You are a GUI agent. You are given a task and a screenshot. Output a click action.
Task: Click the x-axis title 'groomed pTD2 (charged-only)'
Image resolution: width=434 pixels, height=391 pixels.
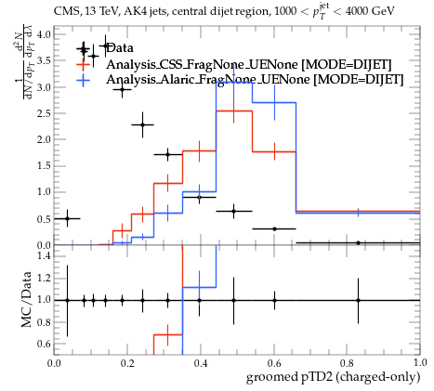pos(333,377)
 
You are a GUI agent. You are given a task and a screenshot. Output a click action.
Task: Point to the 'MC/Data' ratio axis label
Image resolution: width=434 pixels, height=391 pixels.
pos(26,299)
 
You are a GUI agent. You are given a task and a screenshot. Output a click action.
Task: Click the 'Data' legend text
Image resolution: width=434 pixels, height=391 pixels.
pos(120,48)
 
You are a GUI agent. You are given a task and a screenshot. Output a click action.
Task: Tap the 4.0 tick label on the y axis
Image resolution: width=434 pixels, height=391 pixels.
pos(44,34)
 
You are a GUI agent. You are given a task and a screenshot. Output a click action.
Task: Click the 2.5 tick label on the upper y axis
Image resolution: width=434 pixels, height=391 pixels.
pos(44,113)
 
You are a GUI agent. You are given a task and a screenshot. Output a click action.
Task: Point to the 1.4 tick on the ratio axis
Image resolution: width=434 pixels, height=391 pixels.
pos(44,255)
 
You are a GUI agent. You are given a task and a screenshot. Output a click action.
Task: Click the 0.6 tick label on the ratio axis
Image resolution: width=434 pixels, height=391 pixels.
pos(44,344)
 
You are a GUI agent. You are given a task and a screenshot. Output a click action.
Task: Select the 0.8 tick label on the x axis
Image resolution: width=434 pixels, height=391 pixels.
pos(347,363)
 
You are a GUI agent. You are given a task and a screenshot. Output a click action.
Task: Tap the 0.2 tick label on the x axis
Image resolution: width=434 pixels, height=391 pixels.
pos(127,363)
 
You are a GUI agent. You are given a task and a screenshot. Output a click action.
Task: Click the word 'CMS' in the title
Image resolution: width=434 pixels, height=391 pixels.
pos(64,11)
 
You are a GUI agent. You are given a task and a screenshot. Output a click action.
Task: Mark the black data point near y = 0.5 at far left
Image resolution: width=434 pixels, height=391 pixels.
pos(67,218)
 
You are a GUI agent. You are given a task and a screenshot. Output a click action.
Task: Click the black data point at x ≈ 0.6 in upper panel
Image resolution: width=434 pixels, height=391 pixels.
pos(274,228)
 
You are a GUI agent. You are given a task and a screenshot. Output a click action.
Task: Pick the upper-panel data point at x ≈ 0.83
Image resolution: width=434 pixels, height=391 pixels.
pos(359,242)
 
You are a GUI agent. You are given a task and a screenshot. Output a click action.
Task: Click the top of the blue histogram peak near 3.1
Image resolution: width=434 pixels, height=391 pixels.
pos(234,83)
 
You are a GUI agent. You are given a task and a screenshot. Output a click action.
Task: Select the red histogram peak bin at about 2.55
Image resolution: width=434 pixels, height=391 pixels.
pos(234,111)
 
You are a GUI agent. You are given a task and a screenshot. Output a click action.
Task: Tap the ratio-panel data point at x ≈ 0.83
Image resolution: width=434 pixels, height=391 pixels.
pos(359,300)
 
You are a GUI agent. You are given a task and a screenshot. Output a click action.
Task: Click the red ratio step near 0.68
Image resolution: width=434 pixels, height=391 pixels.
pos(168,334)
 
